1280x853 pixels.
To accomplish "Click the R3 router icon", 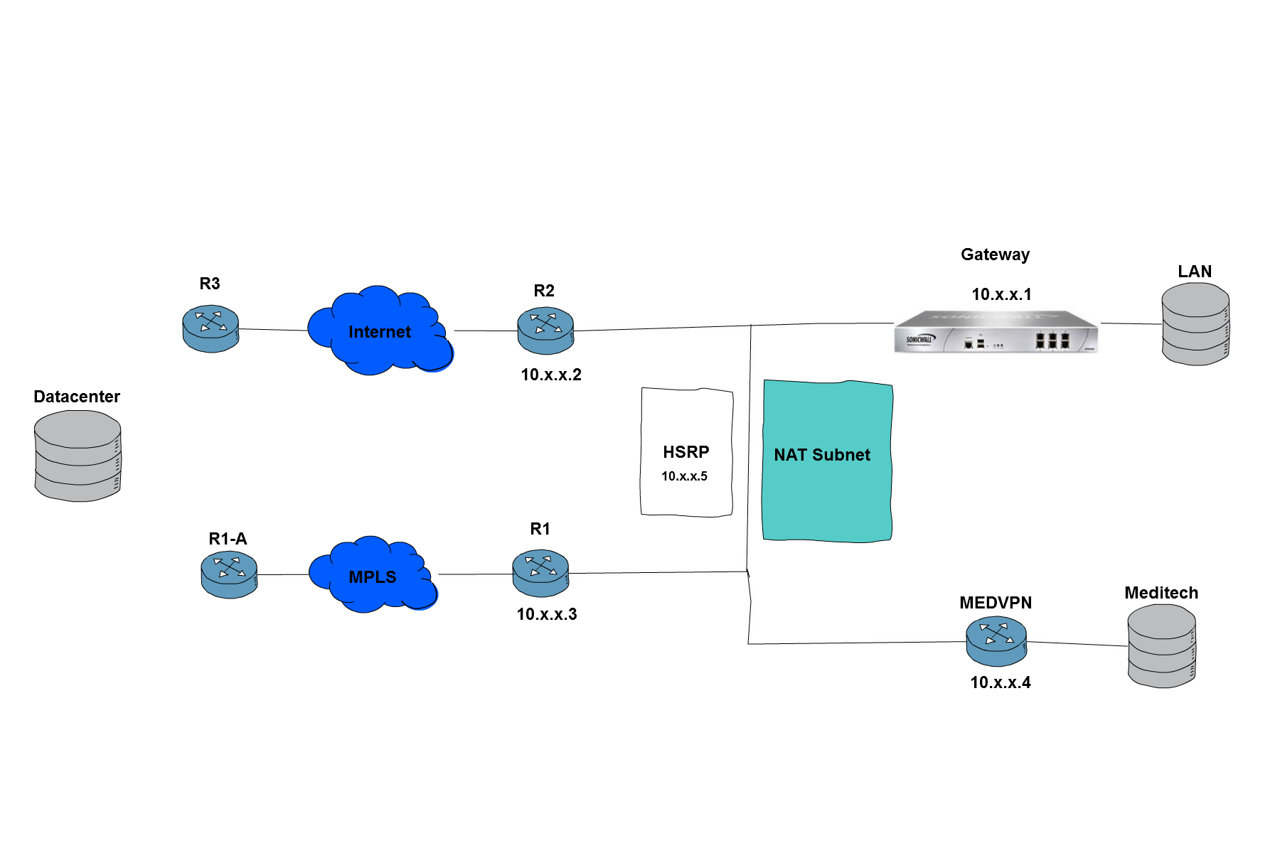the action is [210, 329].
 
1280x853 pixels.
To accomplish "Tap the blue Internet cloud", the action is [380, 331].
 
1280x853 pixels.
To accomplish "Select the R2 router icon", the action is [545, 331].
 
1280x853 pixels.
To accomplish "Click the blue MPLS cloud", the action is [373, 574].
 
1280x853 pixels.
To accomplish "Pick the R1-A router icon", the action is [229, 575].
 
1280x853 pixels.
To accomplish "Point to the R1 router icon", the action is [540, 573].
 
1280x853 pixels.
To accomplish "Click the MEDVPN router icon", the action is [996, 641].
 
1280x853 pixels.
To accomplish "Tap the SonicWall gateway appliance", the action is [996, 331].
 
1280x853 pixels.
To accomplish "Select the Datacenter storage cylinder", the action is [78, 456].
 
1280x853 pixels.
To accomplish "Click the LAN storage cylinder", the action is [1195, 324].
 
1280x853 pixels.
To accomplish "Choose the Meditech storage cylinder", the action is [1162, 646].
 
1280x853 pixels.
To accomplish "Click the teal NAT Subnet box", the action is [827, 461].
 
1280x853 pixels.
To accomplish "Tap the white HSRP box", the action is [687, 452].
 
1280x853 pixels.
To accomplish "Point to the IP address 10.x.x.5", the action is [684, 476].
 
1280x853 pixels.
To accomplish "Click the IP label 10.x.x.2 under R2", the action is [551, 375].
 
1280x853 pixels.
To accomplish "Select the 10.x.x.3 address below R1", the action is [547, 614].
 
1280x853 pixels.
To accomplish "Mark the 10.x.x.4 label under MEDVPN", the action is [1001, 682].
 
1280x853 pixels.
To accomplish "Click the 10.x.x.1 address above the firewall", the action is [1001, 294].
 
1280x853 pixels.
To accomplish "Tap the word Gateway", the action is [995, 254].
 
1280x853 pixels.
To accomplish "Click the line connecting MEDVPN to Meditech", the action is [1077, 644].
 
